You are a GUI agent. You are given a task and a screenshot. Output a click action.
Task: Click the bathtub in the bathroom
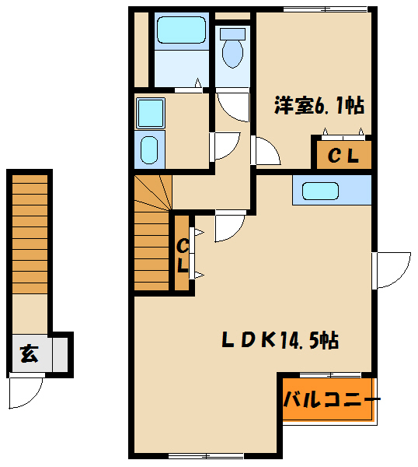180,31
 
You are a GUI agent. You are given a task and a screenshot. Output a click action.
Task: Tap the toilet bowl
232,51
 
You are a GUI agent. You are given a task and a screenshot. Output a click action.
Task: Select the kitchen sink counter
332,191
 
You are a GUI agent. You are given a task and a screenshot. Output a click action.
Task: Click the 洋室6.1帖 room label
319,106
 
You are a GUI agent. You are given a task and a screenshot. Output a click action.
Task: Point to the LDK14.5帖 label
279,340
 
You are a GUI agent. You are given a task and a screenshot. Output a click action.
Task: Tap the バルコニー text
331,400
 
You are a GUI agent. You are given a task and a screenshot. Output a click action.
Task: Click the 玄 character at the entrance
29,355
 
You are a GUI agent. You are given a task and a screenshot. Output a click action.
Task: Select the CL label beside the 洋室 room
342,156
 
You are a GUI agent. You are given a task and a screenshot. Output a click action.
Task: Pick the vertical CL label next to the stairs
183,255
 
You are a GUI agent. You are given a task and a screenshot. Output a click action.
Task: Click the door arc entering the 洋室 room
266,150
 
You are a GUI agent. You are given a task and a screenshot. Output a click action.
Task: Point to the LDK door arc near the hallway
230,226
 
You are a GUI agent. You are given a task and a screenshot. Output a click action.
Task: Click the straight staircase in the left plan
30,233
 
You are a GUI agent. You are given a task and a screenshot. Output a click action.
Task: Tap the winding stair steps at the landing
152,195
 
